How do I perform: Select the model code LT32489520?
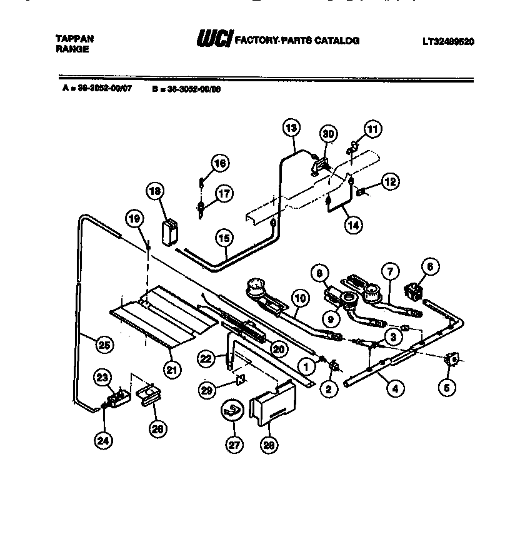[447, 42]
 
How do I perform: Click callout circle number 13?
[291, 128]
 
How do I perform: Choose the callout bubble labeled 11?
[372, 129]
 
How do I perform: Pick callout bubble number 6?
[429, 264]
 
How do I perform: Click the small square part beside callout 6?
[412, 290]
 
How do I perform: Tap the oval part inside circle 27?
[230, 410]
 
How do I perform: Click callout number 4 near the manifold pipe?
[394, 388]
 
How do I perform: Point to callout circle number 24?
[103, 440]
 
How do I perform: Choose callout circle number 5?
[446, 387]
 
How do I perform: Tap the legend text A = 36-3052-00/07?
[97, 89]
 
